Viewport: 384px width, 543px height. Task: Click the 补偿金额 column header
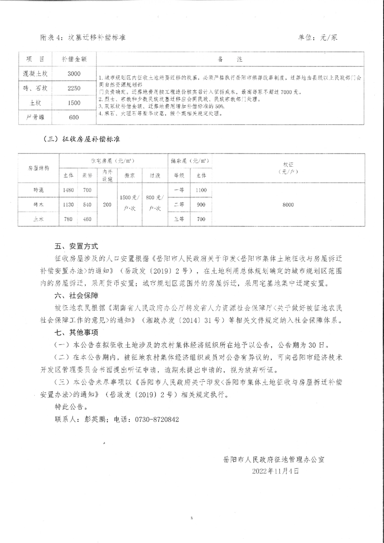pyautogui.click(x=74, y=59)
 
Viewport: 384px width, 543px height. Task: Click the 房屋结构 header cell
pyautogui.click(x=39, y=168)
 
